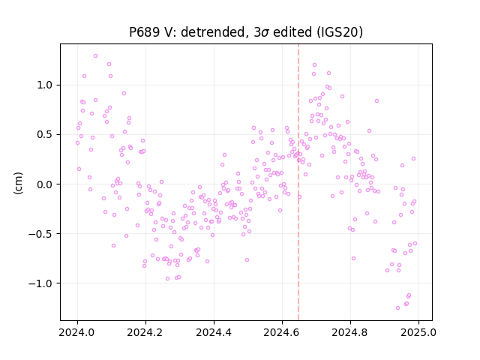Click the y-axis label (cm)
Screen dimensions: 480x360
(x=18, y=183)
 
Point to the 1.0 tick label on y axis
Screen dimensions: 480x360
(x=45, y=85)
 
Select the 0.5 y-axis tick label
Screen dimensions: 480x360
(x=45, y=135)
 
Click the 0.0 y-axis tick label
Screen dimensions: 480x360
(x=45, y=184)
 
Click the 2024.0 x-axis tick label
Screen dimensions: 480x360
(x=77, y=332)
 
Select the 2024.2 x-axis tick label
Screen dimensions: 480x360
(x=145, y=332)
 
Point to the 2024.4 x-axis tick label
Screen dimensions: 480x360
(x=214, y=332)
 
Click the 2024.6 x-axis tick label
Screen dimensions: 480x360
(x=282, y=332)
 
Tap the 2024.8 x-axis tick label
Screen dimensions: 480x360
(x=350, y=332)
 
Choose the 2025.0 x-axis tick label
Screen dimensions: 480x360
(x=418, y=332)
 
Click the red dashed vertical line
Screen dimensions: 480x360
(x=298, y=182)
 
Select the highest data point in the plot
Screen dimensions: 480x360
(x=95, y=56)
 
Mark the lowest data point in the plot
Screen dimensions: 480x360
(x=397, y=308)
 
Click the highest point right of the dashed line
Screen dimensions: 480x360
(x=314, y=65)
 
